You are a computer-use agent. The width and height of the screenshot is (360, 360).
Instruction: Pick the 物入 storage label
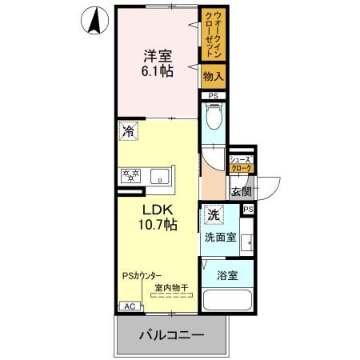point(213,78)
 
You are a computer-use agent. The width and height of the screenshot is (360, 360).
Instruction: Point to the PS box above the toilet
point(212,97)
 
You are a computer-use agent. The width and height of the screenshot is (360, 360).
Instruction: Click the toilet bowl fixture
point(213,121)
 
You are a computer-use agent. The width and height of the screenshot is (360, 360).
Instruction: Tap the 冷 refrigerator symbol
point(129,130)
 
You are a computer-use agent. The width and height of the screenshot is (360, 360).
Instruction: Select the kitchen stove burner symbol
point(131,175)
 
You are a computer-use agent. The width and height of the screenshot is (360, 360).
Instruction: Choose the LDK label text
point(158,210)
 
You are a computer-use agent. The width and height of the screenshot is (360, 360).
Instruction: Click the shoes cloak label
point(242,165)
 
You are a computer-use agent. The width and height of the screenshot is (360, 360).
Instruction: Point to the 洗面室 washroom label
point(219,238)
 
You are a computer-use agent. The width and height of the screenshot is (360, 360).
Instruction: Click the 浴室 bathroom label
point(227,275)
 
